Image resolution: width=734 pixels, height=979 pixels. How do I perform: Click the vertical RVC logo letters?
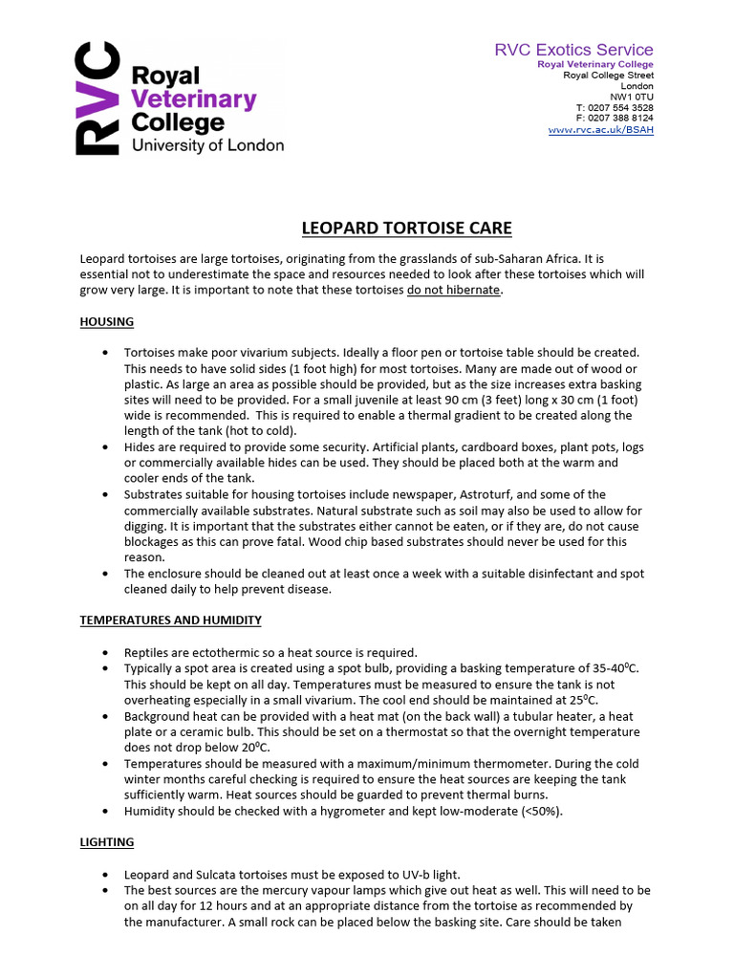(x=97, y=98)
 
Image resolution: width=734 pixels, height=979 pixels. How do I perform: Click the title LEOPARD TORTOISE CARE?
(x=407, y=228)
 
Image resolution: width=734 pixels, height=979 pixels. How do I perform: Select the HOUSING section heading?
(x=106, y=321)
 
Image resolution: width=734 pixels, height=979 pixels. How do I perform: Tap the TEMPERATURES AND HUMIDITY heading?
(x=170, y=620)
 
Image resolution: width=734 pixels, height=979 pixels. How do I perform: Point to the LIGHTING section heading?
(x=107, y=841)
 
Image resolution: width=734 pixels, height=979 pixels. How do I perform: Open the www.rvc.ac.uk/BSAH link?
(x=601, y=129)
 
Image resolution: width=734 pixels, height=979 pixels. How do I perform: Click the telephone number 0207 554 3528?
(x=621, y=107)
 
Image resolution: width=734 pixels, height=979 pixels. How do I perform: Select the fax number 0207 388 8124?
(x=621, y=119)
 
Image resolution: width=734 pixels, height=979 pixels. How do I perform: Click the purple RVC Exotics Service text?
(x=573, y=50)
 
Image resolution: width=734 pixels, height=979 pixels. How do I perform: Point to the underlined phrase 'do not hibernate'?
(x=453, y=290)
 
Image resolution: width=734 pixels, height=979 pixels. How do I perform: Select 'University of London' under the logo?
(x=207, y=145)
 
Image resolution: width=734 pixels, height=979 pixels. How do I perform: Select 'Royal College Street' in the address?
(x=609, y=75)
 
